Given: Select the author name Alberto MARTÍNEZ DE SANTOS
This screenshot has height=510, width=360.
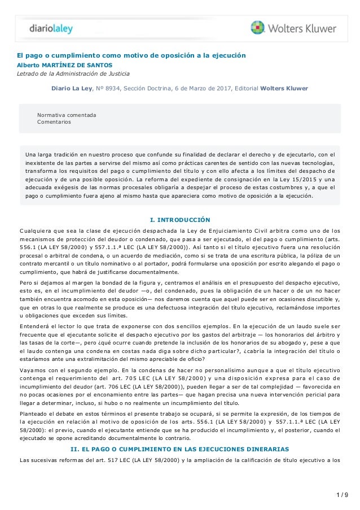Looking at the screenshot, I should tap(60, 65).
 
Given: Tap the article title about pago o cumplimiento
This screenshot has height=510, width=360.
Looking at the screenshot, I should tap(131, 56).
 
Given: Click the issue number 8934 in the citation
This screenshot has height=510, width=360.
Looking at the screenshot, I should tap(112, 89).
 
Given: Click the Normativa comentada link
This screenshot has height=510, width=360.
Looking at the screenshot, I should tap(67, 115).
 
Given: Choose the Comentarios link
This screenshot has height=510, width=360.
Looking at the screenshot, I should tap(54, 121).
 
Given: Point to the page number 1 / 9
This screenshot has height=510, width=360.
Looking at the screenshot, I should tap(341, 496).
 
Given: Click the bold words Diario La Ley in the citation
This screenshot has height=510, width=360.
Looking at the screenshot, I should tap(71, 89).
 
